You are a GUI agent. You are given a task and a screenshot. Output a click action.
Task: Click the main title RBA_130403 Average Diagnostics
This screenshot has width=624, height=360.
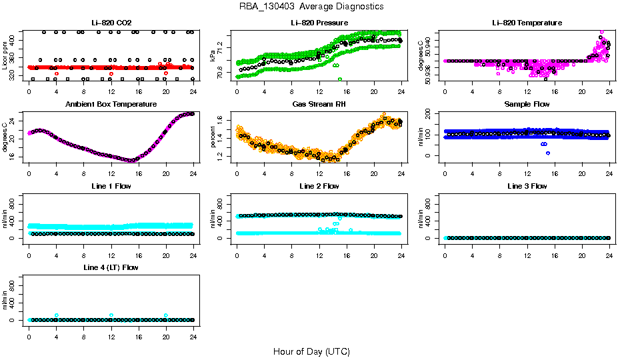(311, 6)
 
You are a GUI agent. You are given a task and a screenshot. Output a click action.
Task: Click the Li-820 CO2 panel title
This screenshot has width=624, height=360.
(111, 23)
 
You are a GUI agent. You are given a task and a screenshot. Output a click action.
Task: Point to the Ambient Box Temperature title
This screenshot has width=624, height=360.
(111, 105)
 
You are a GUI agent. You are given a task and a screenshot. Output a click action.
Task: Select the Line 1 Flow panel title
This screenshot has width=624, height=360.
(111, 186)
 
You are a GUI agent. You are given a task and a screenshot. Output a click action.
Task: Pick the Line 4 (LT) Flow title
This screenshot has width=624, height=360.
(111, 267)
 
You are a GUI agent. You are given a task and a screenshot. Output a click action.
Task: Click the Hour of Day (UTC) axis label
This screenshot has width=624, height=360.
(311, 351)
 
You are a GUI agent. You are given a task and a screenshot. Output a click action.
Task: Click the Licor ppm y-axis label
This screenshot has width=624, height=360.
(5, 55)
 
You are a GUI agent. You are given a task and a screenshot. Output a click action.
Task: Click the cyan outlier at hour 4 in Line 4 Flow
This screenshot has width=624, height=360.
(57, 315)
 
